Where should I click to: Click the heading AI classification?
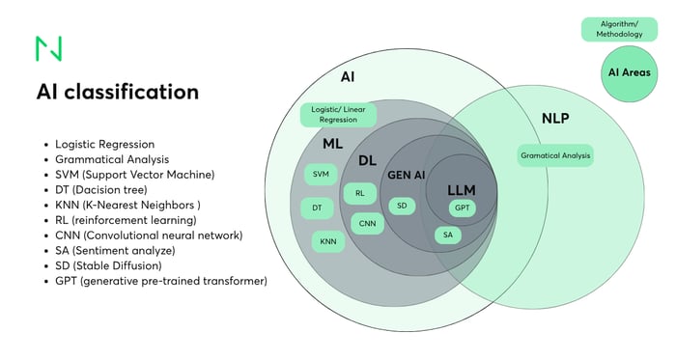(x=118, y=92)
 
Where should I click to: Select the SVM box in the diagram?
(x=320, y=175)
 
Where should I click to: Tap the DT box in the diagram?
(x=317, y=208)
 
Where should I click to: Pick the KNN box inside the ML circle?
(x=327, y=241)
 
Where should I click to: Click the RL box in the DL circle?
(x=359, y=193)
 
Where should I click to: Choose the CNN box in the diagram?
(x=367, y=223)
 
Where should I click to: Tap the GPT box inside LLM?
(x=463, y=208)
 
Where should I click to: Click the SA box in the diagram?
(x=447, y=235)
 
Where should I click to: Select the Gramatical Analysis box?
(x=554, y=154)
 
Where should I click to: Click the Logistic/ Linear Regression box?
(x=338, y=115)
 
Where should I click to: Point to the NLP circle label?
(x=554, y=120)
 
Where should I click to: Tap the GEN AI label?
(x=407, y=177)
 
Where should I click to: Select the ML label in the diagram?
(x=333, y=144)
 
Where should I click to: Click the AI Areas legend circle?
(x=628, y=72)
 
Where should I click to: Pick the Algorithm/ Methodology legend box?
(x=618, y=29)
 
